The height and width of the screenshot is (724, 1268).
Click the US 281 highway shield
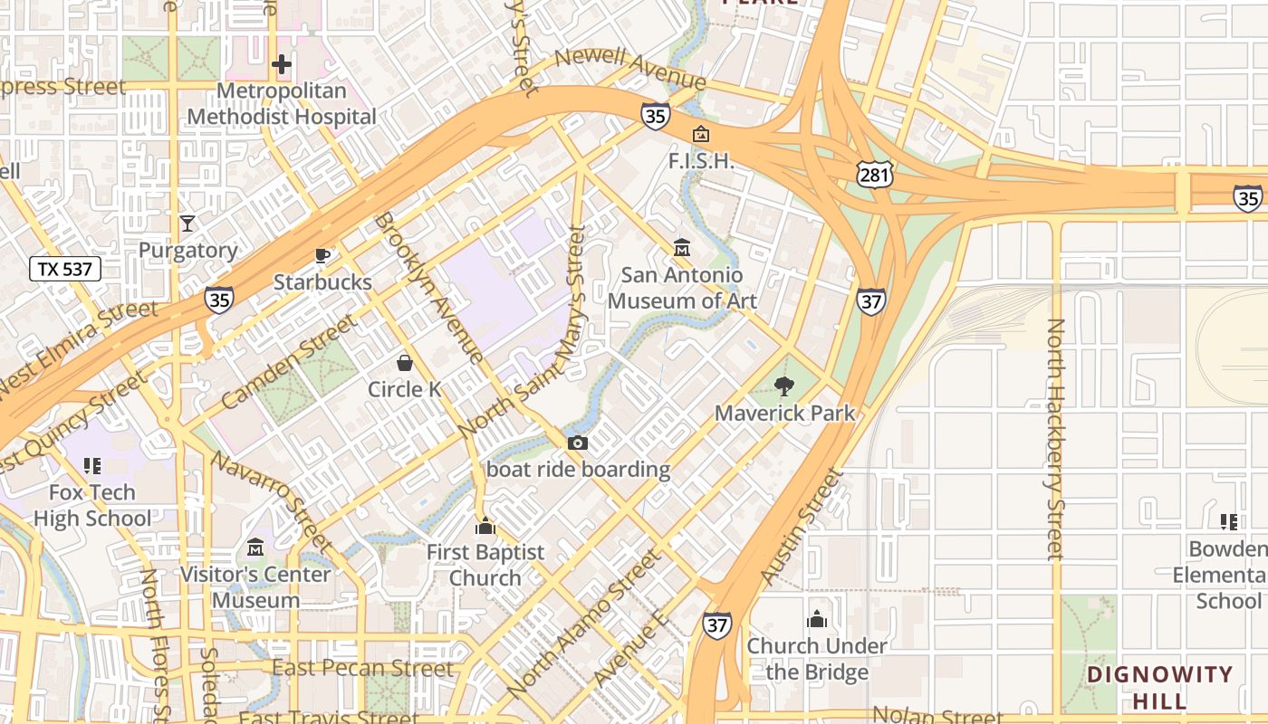(x=876, y=175)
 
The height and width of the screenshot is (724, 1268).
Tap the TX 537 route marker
(x=64, y=269)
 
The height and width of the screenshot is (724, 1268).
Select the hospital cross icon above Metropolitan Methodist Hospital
(x=282, y=64)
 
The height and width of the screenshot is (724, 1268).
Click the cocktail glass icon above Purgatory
(x=187, y=223)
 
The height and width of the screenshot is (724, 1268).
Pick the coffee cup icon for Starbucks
(x=322, y=255)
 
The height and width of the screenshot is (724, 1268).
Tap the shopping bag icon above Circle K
(x=405, y=363)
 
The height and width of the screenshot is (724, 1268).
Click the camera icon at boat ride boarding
(x=578, y=443)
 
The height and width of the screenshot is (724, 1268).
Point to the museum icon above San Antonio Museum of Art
(x=682, y=247)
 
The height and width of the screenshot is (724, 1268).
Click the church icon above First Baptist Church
(x=485, y=526)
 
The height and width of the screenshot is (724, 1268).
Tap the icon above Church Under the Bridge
(x=817, y=619)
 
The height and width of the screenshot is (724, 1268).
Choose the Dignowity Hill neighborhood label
(x=1159, y=688)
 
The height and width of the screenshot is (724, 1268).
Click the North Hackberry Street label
(x=1054, y=439)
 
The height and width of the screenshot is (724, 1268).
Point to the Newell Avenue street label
(x=630, y=70)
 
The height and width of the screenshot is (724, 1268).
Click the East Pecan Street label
(x=362, y=669)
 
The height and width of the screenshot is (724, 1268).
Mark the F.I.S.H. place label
(x=700, y=161)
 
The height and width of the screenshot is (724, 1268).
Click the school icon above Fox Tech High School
(x=91, y=466)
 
